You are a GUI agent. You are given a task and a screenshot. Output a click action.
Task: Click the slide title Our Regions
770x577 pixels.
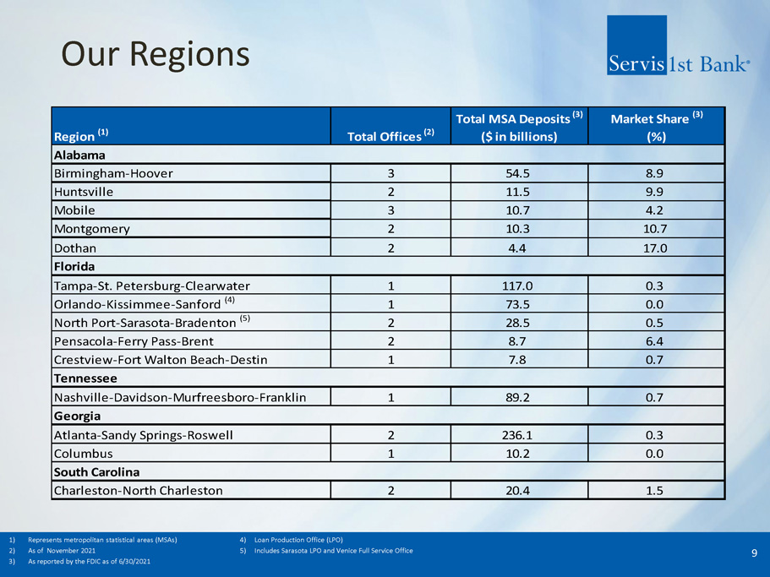point(156,54)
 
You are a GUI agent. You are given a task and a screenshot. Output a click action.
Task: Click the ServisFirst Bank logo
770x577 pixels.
point(677,47)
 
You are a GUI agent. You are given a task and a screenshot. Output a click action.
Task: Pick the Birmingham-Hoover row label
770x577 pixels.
point(113,174)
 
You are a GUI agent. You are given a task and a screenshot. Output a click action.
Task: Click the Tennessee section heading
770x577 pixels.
point(85,378)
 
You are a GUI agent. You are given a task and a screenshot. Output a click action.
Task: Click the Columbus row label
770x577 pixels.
point(84,453)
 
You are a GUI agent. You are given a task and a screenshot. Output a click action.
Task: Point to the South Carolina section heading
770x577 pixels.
point(96,471)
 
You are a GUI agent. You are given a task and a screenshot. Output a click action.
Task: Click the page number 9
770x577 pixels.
point(754,553)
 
